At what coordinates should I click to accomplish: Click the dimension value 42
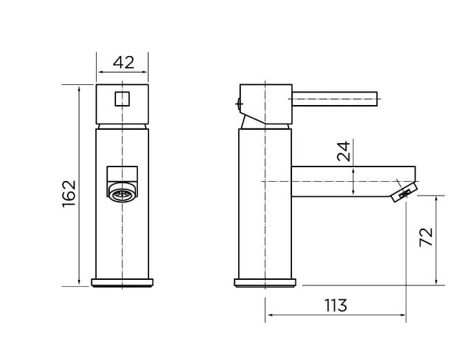122,62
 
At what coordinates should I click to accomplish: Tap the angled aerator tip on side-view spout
404,193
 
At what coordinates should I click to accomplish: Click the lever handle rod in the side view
335,97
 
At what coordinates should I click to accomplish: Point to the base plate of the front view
122,282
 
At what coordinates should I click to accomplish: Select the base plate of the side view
266,282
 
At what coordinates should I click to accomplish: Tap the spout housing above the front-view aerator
122,173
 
